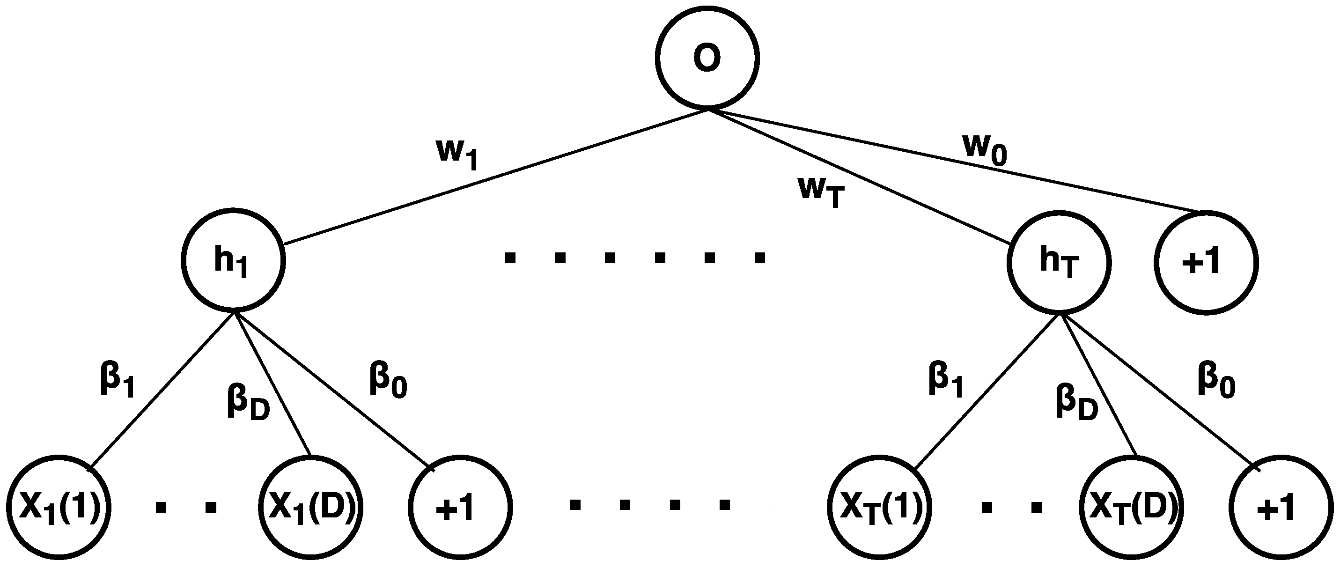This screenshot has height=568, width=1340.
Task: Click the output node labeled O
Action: tap(707, 58)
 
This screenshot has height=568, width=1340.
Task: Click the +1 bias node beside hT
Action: tap(1206, 262)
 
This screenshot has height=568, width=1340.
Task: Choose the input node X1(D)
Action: tap(310, 508)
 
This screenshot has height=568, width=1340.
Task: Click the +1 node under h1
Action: tap(460, 508)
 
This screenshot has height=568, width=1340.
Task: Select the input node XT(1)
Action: tap(879, 508)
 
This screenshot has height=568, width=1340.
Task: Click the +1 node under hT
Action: tap(1281, 508)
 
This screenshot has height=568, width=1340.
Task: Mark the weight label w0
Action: tap(985, 150)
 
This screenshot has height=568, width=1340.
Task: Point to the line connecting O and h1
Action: tap(494, 177)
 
